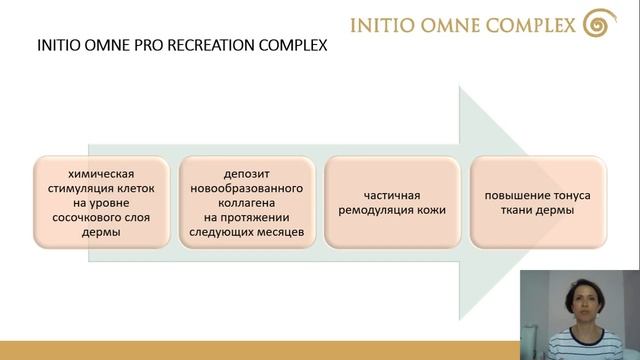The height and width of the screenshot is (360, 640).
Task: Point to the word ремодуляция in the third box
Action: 379,211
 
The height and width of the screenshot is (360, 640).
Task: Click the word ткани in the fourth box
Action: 515,211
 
